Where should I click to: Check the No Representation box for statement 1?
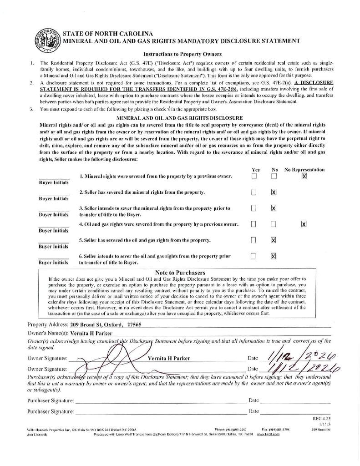(x=304, y=176)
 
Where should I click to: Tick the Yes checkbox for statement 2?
(x=254, y=192)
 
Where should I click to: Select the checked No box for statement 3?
(x=274, y=208)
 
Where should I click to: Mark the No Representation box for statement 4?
(x=304, y=224)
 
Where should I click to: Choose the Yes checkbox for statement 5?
(x=254, y=240)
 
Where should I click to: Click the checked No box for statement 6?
(x=274, y=256)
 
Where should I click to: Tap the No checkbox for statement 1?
(x=274, y=176)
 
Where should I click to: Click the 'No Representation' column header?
(x=304, y=169)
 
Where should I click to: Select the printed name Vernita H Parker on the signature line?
(x=168, y=358)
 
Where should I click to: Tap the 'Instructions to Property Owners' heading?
(x=179, y=54)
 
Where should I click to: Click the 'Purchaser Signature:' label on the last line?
(x=50, y=411)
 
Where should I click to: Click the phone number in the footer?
(x=234, y=429)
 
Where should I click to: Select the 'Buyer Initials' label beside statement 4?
(x=54, y=231)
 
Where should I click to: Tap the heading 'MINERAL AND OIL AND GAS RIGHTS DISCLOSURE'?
(x=180, y=118)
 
